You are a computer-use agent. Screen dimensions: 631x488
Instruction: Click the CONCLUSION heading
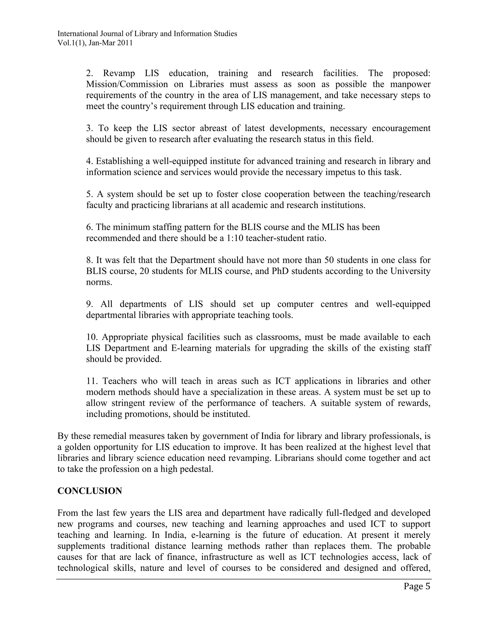click(x=90, y=491)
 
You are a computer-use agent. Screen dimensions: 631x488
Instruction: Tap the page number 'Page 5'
click(x=417, y=586)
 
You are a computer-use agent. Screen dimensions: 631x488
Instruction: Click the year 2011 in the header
click(x=125, y=43)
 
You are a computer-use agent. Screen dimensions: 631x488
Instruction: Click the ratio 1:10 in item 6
click(x=234, y=238)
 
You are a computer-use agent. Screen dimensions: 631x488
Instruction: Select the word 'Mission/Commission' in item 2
click(x=127, y=84)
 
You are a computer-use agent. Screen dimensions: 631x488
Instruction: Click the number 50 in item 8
click(x=329, y=260)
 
